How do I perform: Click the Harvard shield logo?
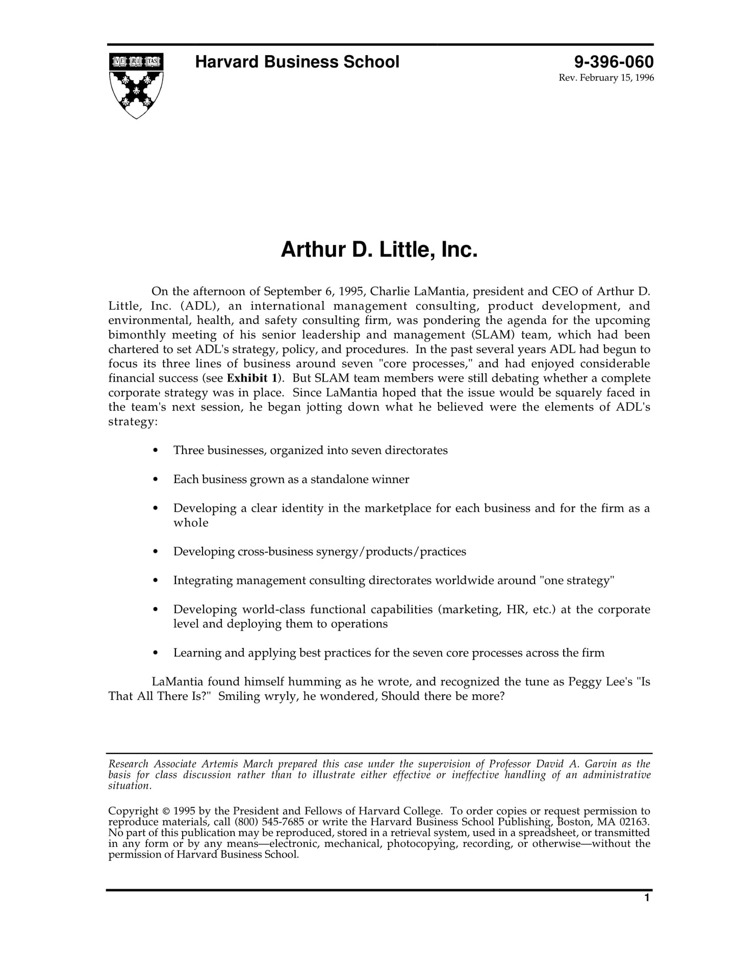click(136, 85)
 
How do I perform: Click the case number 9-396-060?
click(613, 62)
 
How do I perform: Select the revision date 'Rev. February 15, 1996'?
click(606, 78)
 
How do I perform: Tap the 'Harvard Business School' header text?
click(297, 62)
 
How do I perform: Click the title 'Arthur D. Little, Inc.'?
click(379, 250)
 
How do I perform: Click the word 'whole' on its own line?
click(191, 523)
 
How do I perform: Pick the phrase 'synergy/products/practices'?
click(391, 552)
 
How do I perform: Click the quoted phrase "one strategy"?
click(577, 581)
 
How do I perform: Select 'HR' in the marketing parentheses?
click(516, 610)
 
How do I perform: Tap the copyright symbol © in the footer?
click(166, 811)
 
